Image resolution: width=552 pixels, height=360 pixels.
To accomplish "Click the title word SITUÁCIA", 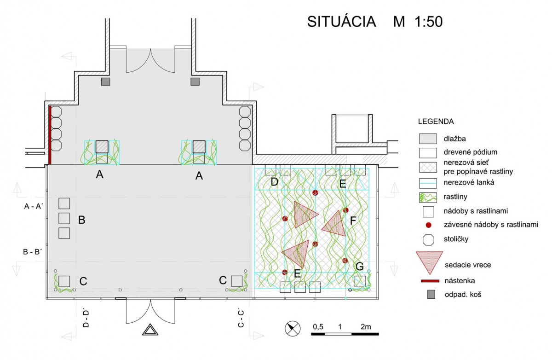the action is (x=341, y=22).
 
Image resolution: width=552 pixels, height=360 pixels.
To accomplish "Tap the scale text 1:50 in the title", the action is (x=429, y=22).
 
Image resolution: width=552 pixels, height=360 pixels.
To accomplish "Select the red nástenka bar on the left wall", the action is (x=50, y=135).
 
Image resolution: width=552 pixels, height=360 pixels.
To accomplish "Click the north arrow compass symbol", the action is (x=293, y=329).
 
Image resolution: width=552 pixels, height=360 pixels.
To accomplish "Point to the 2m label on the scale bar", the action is (x=366, y=327).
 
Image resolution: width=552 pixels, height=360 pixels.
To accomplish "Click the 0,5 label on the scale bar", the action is (x=318, y=327).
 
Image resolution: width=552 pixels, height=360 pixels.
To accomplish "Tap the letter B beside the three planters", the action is (x=81, y=220).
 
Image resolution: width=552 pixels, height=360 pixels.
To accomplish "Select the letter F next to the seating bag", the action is (x=353, y=221).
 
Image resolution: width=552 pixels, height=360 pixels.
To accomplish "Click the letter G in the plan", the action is (x=360, y=266).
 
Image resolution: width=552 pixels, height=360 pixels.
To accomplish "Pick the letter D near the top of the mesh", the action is (x=274, y=182).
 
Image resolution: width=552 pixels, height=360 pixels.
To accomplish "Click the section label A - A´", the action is (x=33, y=206).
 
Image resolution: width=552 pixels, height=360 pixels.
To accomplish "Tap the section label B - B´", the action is (x=33, y=252).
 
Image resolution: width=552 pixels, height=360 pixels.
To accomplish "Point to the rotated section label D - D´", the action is (x=86, y=318).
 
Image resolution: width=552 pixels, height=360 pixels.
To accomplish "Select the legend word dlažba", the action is (x=454, y=139).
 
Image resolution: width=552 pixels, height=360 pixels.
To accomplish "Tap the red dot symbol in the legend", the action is (x=429, y=225).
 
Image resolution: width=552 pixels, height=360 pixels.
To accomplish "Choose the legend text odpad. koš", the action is (x=463, y=295).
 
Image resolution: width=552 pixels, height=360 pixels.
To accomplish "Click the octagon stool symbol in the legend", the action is (x=428, y=239).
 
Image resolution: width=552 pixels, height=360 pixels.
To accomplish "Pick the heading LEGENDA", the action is (x=436, y=122).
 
